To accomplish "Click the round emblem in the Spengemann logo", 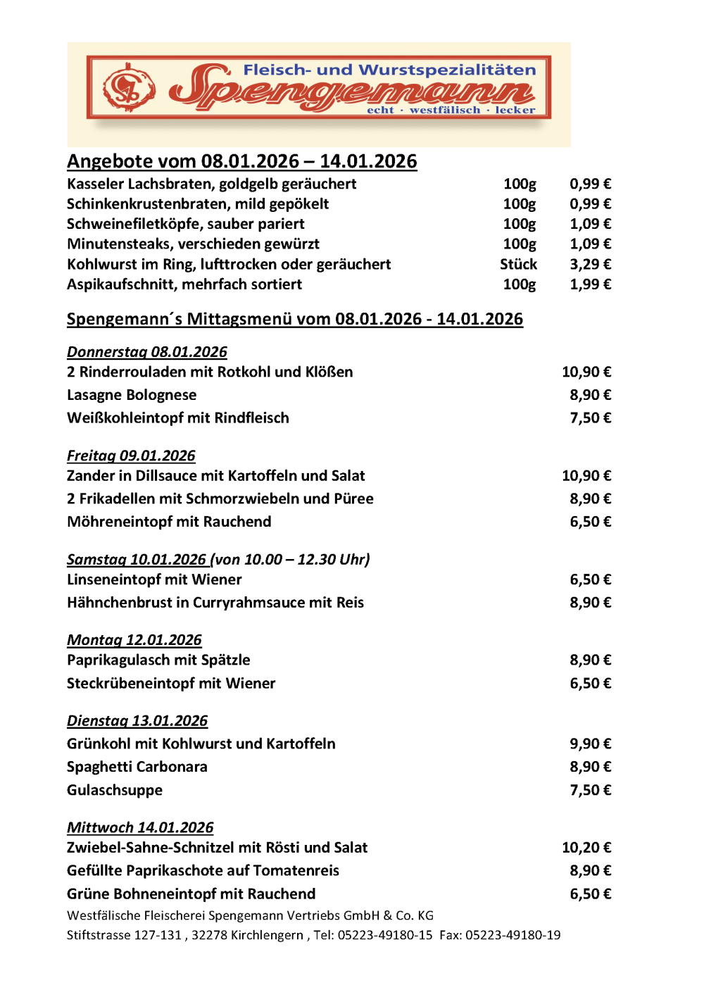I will [x=129, y=88].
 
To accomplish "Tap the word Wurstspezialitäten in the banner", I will [x=448, y=70].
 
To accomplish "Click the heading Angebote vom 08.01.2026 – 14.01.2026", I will [x=241, y=161].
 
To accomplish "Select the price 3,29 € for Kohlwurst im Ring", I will [x=590, y=264].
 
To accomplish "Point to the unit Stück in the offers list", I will [x=518, y=264].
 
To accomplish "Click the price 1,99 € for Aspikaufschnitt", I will [x=590, y=284].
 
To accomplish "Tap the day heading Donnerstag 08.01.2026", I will [x=147, y=351].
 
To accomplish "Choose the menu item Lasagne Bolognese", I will [x=132, y=395].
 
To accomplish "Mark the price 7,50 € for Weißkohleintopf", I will [x=590, y=418].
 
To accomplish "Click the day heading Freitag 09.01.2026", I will [x=131, y=456].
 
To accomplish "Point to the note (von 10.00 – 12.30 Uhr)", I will [x=291, y=559].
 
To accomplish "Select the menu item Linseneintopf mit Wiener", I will [x=154, y=579].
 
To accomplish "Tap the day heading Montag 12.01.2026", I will [x=134, y=640].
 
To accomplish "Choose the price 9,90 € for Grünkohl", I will [x=590, y=744].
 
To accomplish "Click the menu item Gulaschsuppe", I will [x=115, y=790].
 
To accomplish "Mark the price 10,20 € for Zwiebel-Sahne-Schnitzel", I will [x=586, y=848].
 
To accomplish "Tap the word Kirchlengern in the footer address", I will [x=266, y=935].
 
